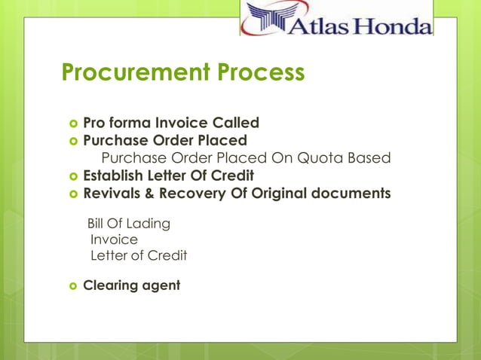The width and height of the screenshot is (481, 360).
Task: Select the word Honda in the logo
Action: pyautogui.click(x=393, y=26)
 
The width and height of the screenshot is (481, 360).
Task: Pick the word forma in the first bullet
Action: pyautogui.click(x=130, y=122)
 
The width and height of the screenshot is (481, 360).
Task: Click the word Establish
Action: pyautogui.click(x=115, y=176)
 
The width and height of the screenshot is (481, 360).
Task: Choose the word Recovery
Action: pyautogui.click(x=194, y=194)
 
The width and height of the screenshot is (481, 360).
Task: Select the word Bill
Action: pyautogui.click(x=98, y=224)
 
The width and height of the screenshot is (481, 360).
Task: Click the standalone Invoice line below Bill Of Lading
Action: pyautogui.click(x=114, y=239)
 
